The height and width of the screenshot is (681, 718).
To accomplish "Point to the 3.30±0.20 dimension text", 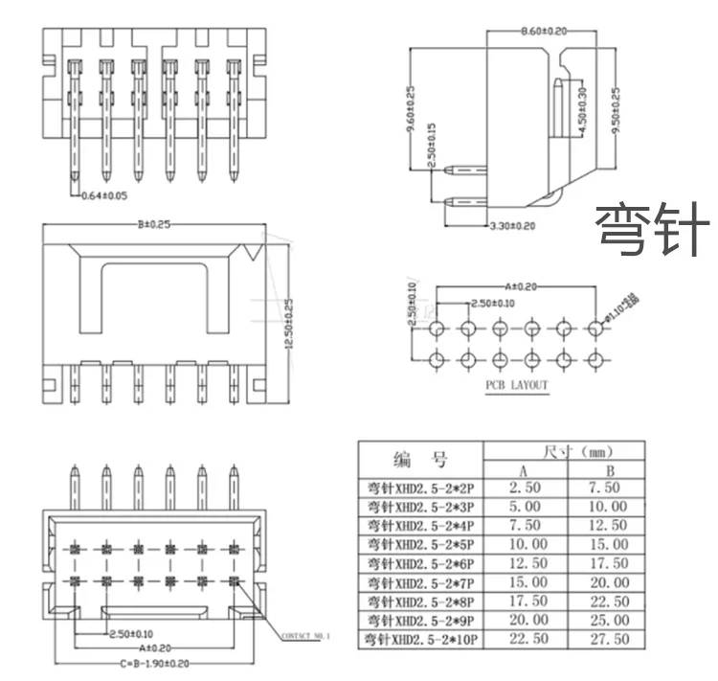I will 512,226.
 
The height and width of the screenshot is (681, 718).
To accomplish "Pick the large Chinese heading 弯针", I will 653,231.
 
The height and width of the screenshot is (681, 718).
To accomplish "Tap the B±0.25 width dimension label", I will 152,226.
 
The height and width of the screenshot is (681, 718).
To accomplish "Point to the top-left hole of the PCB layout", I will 437,329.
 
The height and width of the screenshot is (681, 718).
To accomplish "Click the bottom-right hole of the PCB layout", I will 596,360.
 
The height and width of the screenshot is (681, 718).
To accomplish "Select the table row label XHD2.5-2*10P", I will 421,638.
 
